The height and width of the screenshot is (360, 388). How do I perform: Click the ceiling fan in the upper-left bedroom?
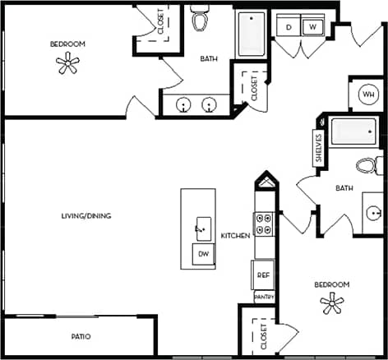[x=67, y=64]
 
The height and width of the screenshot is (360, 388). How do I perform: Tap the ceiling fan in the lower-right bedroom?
[x=331, y=305]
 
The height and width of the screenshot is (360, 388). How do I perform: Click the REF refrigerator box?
[x=263, y=275]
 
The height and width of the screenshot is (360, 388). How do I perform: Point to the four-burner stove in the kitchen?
[x=265, y=225]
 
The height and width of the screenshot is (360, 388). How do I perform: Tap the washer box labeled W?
[x=312, y=27]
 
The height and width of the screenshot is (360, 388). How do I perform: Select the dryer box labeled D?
[x=289, y=27]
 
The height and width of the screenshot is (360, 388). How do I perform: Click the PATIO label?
[x=80, y=337]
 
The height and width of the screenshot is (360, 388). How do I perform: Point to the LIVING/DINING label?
[x=86, y=216]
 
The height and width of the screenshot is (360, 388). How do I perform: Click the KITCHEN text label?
[x=235, y=236]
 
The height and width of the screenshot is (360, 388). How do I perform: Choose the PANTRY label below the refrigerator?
[x=263, y=297]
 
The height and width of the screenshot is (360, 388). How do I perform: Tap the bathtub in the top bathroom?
[x=251, y=34]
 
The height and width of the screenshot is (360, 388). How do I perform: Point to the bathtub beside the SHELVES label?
[x=354, y=132]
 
